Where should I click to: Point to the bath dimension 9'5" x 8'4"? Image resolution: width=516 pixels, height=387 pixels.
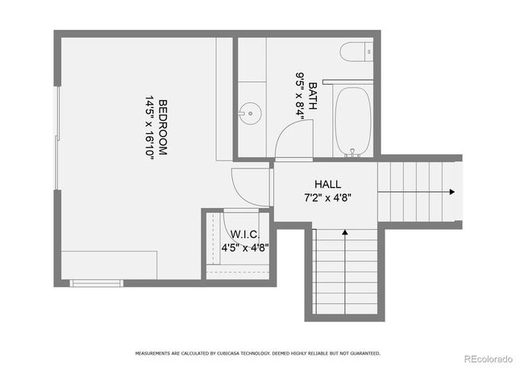300,96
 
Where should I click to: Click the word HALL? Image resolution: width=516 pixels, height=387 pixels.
327,184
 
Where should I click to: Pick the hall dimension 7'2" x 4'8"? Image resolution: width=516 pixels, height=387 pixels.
327,197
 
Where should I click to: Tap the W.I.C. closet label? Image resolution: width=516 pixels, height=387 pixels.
243,235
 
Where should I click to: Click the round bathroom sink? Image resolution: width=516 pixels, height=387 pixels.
250,114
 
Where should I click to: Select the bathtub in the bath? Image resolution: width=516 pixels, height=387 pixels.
352,121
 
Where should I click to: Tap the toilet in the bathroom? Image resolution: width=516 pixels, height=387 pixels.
356,53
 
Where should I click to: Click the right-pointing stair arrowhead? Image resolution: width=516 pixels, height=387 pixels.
451,192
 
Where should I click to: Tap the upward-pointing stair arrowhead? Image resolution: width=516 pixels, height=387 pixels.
345,232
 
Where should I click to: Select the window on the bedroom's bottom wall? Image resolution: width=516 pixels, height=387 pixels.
96,282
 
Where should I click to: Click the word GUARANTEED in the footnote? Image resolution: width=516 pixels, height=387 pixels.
363,353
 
